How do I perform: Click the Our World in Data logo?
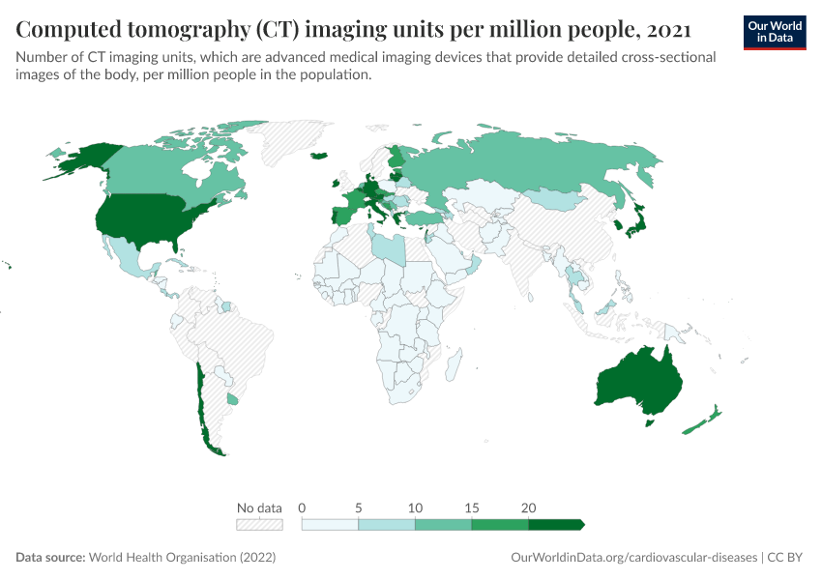(x=775, y=32)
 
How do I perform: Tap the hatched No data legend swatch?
(x=259, y=524)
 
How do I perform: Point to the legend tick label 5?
(x=359, y=507)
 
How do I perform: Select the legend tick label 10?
(x=415, y=507)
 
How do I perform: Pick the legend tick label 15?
(x=472, y=507)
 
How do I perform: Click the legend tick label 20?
(x=528, y=507)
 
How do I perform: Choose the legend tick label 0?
(x=303, y=507)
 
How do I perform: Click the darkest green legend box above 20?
(x=555, y=524)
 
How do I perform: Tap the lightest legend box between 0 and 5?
(x=330, y=524)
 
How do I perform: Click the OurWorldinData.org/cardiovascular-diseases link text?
(x=632, y=558)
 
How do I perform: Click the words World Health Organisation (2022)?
(x=182, y=558)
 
